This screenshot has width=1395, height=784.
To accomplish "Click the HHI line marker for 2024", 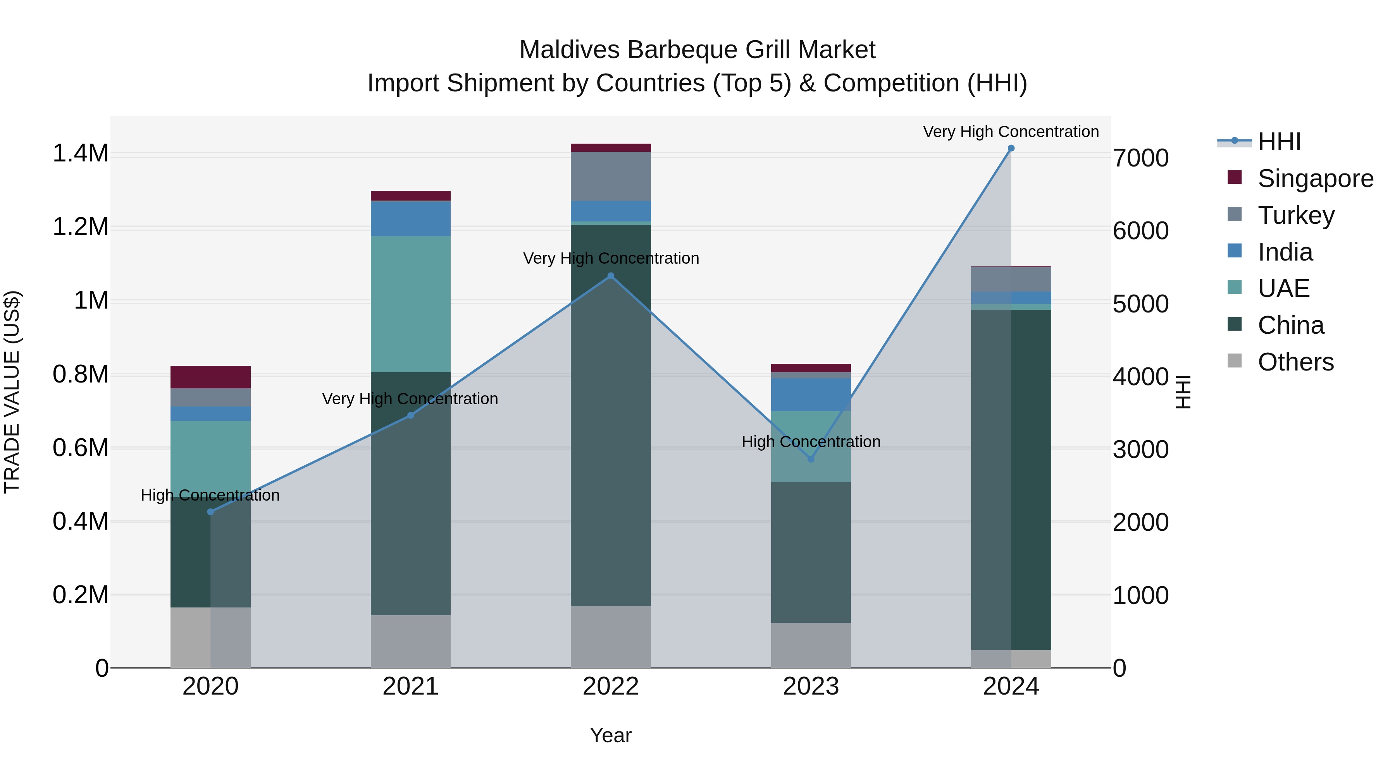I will point(1011,148).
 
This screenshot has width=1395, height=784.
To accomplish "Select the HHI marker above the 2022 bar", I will point(610,276).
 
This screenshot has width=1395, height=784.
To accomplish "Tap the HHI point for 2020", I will point(211,512).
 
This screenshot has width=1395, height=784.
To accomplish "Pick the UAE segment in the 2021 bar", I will point(410,304).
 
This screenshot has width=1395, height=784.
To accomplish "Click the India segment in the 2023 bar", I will point(811,395).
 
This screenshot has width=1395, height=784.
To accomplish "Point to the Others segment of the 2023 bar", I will point(811,645).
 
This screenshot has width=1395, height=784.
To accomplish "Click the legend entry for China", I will point(1290,325).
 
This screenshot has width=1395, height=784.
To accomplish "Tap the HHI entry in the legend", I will point(1279,142).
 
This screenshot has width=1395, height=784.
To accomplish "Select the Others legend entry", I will point(1295,362).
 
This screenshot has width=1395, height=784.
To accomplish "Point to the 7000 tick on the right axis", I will point(1140,158).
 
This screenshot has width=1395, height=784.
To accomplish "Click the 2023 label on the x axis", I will point(811,686).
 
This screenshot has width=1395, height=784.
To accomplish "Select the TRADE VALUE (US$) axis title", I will point(12,392).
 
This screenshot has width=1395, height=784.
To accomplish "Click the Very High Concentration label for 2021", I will point(410,399).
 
